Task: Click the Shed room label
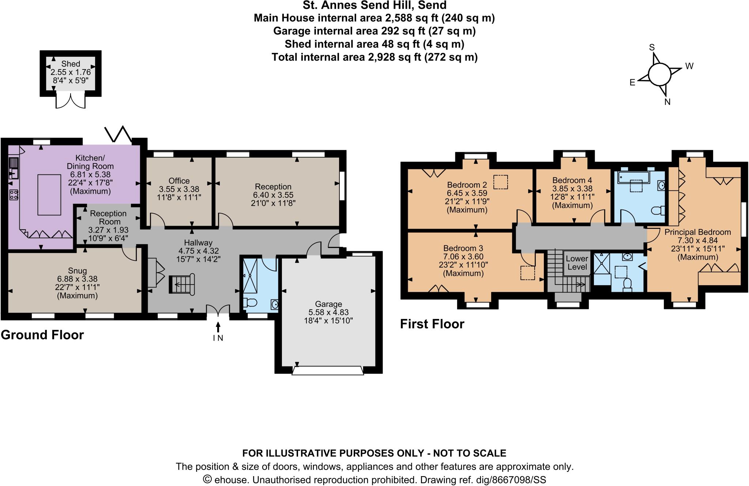tap(71, 64)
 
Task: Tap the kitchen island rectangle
tap(49, 195)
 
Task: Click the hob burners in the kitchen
tap(14, 195)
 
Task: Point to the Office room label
tap(179, 181)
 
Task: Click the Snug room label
tap(77, 271)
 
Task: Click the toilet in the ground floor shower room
tap(252, 303)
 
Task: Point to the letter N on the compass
tap(667, 102)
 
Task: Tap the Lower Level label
tap(577, 263)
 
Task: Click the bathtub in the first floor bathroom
tap(633, 178)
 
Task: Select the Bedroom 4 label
tap(572, 180)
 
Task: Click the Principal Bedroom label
tap(697, 232)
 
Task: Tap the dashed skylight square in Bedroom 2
tap(500, 182)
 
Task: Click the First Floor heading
tap(432, 324)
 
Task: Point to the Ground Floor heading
tap(42, 335)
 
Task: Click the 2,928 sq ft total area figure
tap(394, 57)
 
